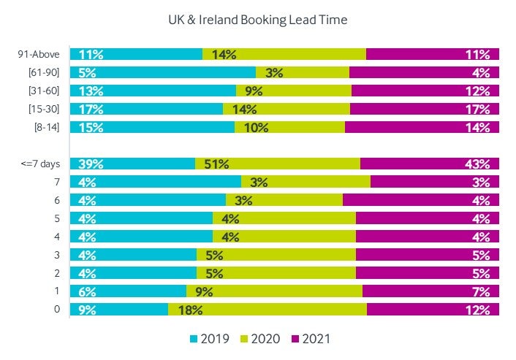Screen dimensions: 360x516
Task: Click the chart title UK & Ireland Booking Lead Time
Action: [258, 20]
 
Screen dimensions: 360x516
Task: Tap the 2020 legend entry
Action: [267, 339]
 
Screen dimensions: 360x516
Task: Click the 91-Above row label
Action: [39, 54]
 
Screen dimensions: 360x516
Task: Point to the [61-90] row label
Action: [43, 72]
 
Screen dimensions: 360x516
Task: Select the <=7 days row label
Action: [41, 164]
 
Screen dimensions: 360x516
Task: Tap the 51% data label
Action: [217, 164]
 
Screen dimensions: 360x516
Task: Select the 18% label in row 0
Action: [190, 310]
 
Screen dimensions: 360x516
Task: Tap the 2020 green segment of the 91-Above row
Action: [292, 54]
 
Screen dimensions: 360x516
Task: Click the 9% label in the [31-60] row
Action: [254, 91]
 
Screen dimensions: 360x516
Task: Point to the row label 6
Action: [57, 200]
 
